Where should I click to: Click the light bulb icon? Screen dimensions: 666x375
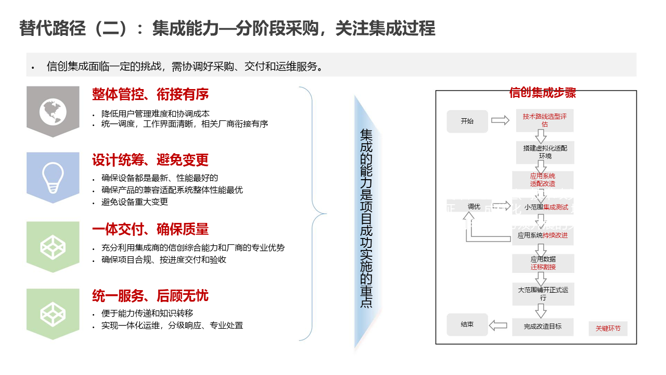pyautogui.click(x=53, y=173)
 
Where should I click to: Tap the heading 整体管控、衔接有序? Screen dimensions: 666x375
pyautogui.click(x=150, y=94)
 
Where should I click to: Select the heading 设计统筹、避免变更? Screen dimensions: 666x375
pyautogui.click(x=150, y=160)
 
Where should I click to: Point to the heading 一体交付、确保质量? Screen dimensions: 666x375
pyautogui.click(x=150, y=229)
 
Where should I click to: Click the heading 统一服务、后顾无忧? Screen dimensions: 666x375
pyautogui.click(x=150, y=296)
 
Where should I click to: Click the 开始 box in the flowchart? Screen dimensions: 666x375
pyautogui.click(x=467, y=121)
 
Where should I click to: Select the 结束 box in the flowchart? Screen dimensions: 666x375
pyautogui.click(x=467, y=324)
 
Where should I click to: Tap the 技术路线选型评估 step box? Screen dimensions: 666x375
pyautogui.click(x=545, y=120)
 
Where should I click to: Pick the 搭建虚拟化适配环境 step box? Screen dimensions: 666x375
pyautogui.click(x=545, y=152)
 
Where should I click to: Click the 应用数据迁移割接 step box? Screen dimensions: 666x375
pyautogui.click(x=543, y=263)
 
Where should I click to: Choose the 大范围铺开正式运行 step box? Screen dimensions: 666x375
pyautogui.click(x=543, y=294)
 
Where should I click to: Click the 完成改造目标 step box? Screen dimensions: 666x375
pyautogui.click(x=543, y=327)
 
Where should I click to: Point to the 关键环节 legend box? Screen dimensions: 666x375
pyautogui.click(x=608, y=329)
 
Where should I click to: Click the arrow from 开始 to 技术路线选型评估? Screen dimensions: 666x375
pyautogui.click(x=500, y=120)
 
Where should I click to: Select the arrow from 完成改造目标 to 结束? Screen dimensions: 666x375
pyautogui.click(x=498, y=326)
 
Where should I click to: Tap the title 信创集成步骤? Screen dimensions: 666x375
pyautogui.click(x=542, y=93)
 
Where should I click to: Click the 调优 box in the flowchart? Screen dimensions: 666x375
pyautogui.click(x=473, y=206)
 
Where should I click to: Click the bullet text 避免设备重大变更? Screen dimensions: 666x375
pyautogui.click(x=135, y=202)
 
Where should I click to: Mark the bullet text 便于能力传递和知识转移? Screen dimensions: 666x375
pyautogui.click(x=147, y=314)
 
